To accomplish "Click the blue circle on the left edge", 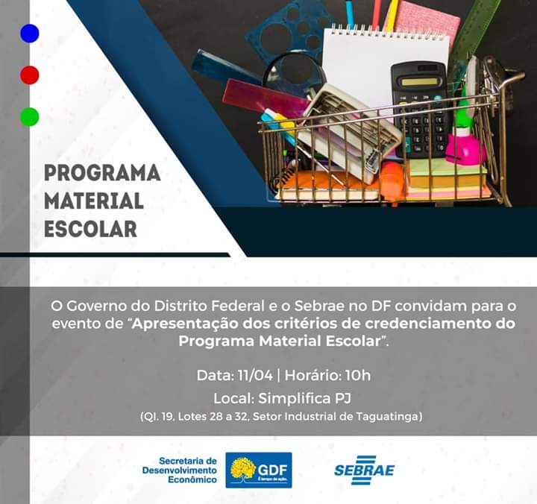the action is click(30, 34).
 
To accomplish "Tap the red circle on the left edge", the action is click(30, 75).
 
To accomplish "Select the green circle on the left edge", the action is click(30, 117).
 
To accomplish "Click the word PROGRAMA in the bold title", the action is click(102, 173).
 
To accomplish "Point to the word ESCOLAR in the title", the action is click(91, 229).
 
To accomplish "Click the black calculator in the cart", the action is click(420, 109).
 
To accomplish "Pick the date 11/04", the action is click(255, 375).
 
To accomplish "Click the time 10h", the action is click(358, 375).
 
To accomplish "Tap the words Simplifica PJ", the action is click(304, 398).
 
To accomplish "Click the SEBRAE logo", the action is click(365, 470).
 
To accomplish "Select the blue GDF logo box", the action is click(259, 470).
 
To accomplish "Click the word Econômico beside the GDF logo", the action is click(192, 479).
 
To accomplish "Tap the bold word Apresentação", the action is click(185, 324).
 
